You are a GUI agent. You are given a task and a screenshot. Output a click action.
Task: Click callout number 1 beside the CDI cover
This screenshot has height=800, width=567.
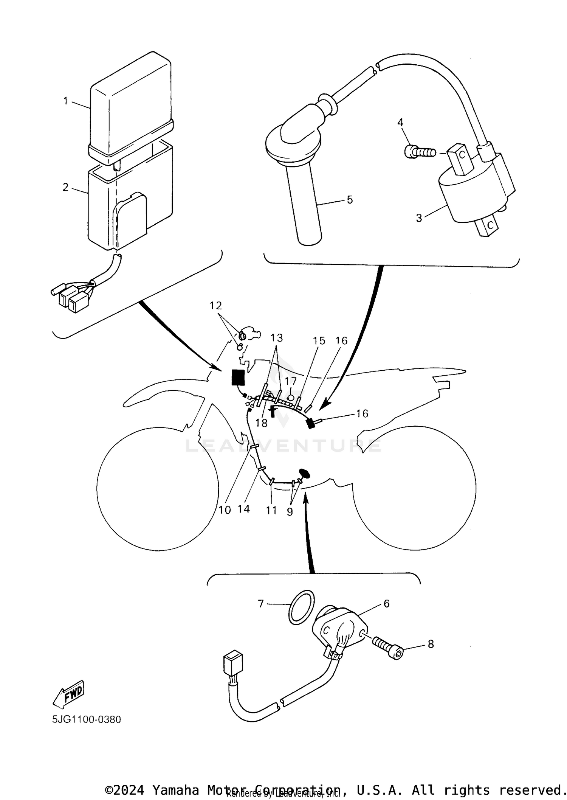(x=66, y=101)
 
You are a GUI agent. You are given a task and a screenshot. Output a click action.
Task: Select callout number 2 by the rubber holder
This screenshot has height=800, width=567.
(x=66, y=187)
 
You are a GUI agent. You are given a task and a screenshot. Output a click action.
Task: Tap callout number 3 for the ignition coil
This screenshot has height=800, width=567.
(x=419, y=218)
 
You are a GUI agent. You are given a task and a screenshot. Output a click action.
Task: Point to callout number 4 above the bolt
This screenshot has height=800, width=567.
(x=400, y=123)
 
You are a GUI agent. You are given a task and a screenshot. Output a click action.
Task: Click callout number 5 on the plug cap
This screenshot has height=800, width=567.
(x=350, y=199)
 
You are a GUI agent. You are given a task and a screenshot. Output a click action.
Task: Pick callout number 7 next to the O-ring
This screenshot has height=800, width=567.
(x=261, y=604)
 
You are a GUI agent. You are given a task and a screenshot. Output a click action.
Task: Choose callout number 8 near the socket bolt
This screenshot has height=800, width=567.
(x=431, y=644)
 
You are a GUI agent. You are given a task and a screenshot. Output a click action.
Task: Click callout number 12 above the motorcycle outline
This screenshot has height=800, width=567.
(x=216, y=305)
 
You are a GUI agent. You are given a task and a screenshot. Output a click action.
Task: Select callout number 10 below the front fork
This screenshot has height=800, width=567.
(x=225, y=510)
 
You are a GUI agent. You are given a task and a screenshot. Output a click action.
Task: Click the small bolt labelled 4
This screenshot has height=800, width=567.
(x=418, y=152)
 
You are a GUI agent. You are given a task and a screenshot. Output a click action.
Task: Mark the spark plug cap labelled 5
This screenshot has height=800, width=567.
(x=299, y=163)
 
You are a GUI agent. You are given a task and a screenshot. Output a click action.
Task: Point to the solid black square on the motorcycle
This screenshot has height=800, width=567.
(x=238, y=377)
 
